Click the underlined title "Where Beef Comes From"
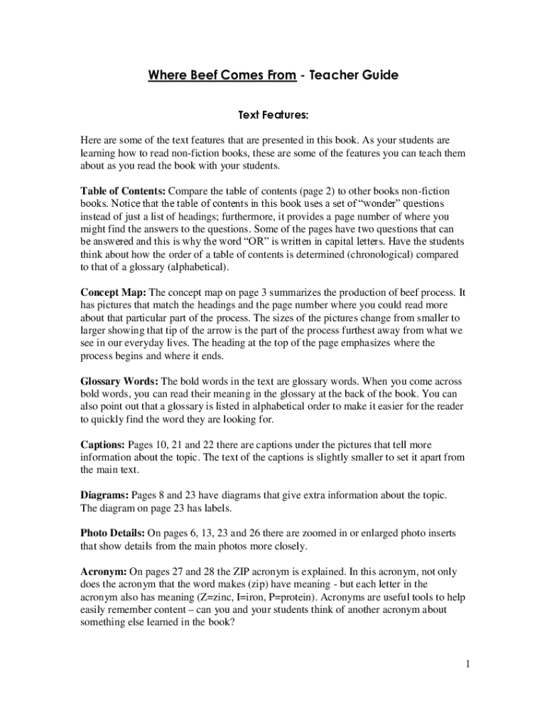(x=222, y=75)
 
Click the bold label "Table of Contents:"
(x=123, y=192)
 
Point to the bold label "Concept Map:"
(x=112, y=292)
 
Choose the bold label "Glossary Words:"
(x=119, y=381)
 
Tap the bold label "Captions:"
(x=102, y=445)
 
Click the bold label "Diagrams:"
(x=105, y=494)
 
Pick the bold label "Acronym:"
(x=104, y=572)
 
